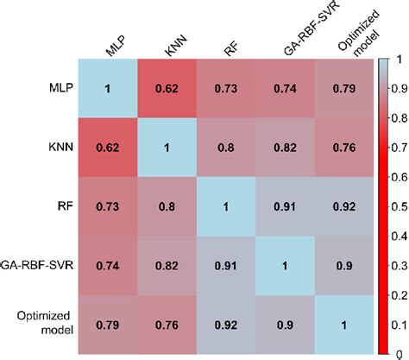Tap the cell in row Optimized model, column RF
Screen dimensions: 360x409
click(228, 326)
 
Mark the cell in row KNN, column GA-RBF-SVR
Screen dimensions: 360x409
click(286, 148)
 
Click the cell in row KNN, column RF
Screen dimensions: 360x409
click(228, 148)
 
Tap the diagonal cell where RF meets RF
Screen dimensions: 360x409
click(228, 208)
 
